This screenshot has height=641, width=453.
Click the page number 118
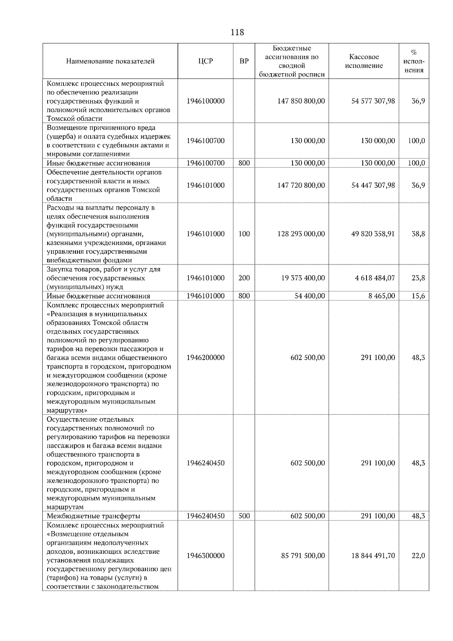pyautogui.click(x=237, y=32)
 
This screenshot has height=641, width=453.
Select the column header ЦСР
pyautogui.click(x=205, y=61)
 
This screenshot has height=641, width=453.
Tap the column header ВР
pyautogui.click(x=244, y=61)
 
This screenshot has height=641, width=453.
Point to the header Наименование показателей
pyautogui.click(x=110, y=61)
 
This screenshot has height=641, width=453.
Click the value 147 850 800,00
pyautogui.click(x=301, y=101)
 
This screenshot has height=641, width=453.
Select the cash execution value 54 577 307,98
pyautogui.click(x=373, y=101)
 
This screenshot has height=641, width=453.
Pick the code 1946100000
pyautogui.click(x=205, y=101)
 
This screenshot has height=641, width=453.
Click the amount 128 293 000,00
pyautogui.click(x=301, y=234)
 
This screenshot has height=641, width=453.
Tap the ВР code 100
pyautogui.click(x=244, y=234)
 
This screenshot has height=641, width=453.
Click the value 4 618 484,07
pyautogui.click(x=375, y=278)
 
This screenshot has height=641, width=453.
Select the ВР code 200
pyautogui.click(x=244, y=278)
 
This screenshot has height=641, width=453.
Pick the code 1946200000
pyautogui.click(x=205, y=357)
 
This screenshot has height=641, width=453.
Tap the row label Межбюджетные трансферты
pyautogui.click(x=93, y=516)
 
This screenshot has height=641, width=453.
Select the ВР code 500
pyautogui.click(x=244, y=516)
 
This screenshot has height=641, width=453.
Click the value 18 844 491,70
pyautogui.click(x=373, y=556)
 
